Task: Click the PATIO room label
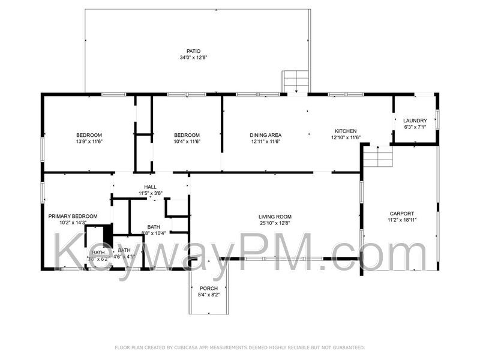point(193,51)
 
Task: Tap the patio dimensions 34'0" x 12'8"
point(193,58)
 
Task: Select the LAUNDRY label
point(415,121)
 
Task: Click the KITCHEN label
point(346,131)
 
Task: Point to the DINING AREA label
point(266,135)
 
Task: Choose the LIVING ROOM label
point(275,217)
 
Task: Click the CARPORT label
point(401,214)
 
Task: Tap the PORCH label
point(209,289)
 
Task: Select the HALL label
point(151,187)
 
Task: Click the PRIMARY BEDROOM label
point(74,216)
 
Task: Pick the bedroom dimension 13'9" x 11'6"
point(89,142)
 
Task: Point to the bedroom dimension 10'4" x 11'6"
point(187,142)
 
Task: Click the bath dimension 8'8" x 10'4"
point(154,233)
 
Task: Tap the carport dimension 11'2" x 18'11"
point(401,220)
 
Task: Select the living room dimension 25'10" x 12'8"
point(275,223)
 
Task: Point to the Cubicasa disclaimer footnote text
point(239,347)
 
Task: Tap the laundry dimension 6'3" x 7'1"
point(415,127)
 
